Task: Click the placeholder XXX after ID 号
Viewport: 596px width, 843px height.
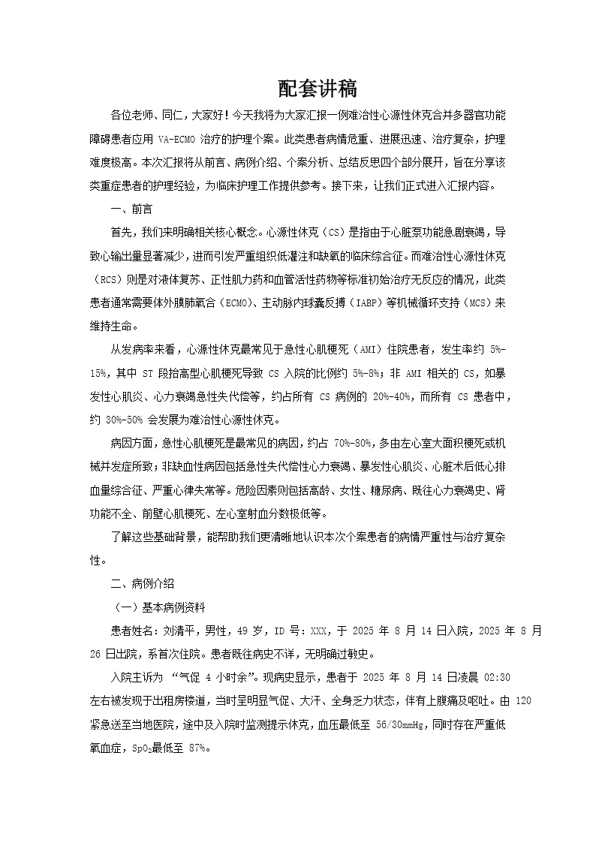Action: click(319, 631)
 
